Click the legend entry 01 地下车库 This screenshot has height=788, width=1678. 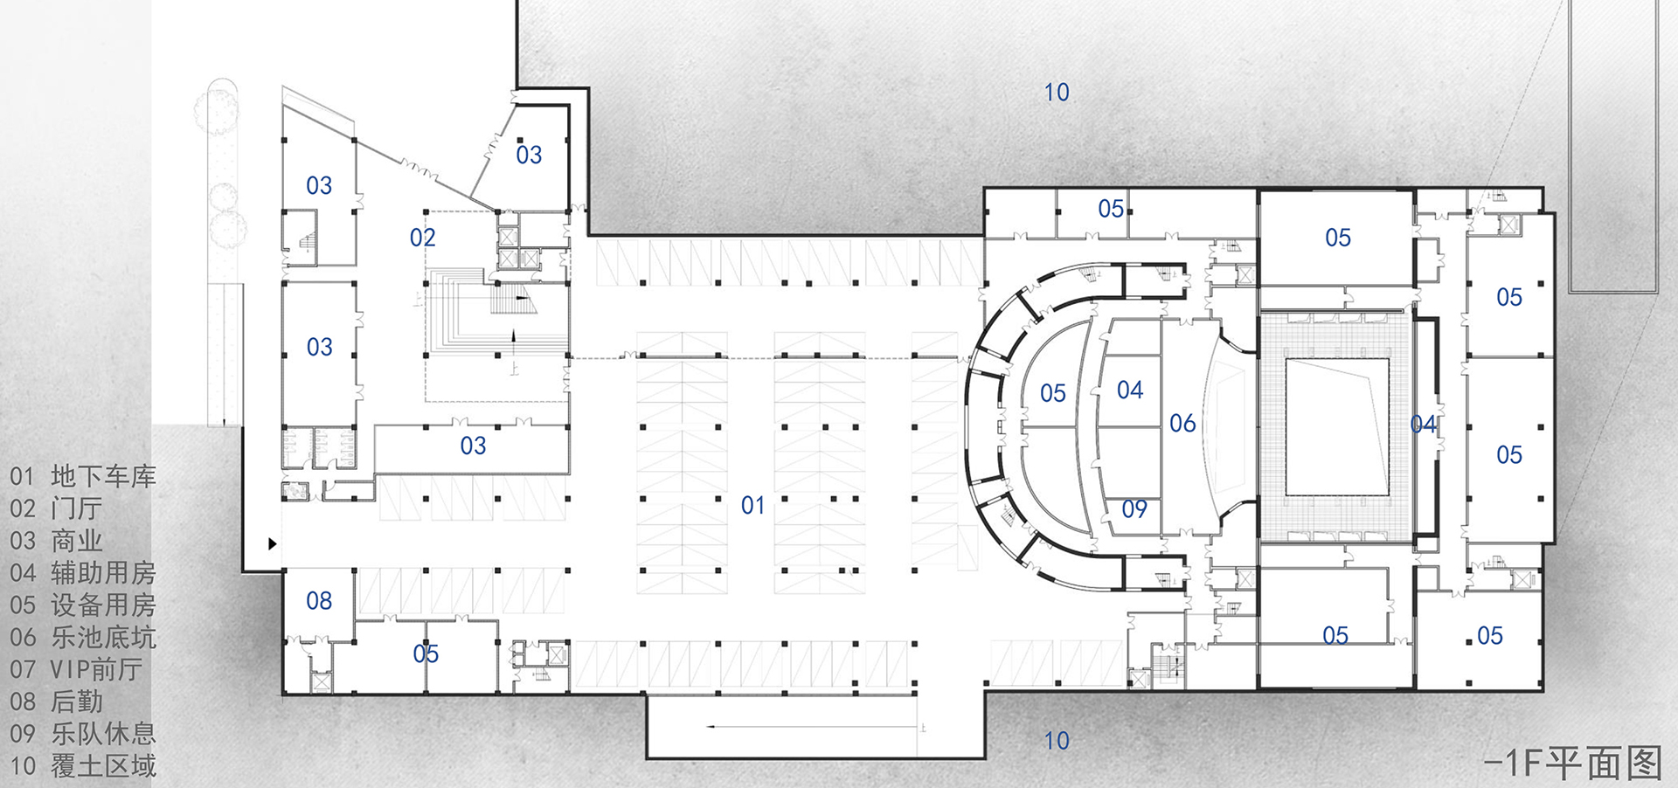[83, 476]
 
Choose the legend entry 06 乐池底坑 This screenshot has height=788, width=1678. [83, 637]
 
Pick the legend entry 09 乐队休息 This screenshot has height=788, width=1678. [83, 734]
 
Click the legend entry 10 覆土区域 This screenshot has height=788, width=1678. [83, 766]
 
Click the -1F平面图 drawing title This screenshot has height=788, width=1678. [1572, 763]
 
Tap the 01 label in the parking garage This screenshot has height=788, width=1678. [752, 505]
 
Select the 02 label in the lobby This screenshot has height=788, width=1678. [422, 238]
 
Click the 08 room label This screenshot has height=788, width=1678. [319, 601]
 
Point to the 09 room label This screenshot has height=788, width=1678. [1134, 509]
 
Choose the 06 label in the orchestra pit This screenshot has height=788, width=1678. [1182, 424]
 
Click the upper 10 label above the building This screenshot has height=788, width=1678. [1057, 93]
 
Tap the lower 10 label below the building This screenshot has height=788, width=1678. [1057, 741]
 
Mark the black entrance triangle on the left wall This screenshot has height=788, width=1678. [273, 543]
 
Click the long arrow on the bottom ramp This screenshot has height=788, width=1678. [813, 726]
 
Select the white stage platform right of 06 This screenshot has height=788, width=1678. [1336, 427]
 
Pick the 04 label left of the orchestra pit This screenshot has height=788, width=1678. [1129, 390]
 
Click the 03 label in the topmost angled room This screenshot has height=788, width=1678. [529, 156]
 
